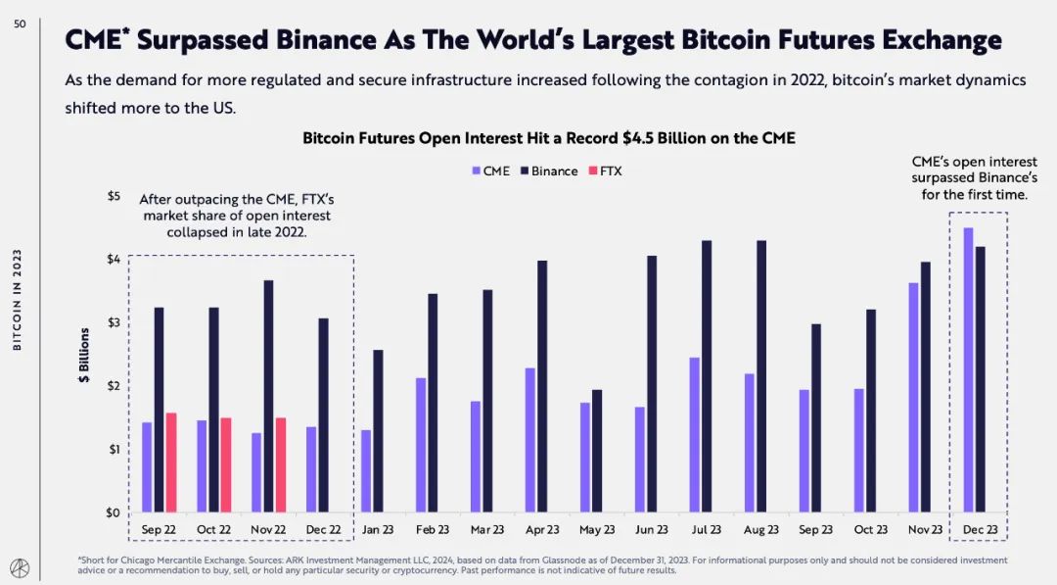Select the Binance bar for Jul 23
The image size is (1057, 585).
coord(707,376)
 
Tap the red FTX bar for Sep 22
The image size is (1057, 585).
coord(171,463)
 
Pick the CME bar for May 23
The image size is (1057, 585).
coord(585,458)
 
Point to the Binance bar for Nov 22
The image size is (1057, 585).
coord(268,396)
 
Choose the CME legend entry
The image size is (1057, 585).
coord(490,171)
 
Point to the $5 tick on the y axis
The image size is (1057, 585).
coord(114,196)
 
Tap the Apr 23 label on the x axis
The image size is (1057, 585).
coord(541,530)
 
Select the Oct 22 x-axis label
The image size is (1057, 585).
coord(213,530)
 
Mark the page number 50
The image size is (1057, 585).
coord(21,24)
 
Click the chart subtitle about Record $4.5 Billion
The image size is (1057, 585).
coord(548,139)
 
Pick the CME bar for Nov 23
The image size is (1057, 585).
coord(913,398)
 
